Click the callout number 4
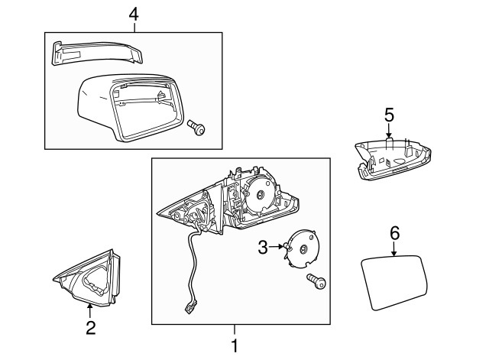pyautogui.click(x=134, y=13)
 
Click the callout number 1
pyautogui.click(x=234, y=345)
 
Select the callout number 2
pyautogui.click(x=90, y=328)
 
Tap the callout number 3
pyautogui.click(x=262, y=247)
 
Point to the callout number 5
pyautogui.click(x=389, y=115)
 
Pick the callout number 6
pyautogui.click(x=394, y=232)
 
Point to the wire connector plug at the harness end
pyautogui.click(x=188, y=307)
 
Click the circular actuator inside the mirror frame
pyautogui.click(x=261, y=194)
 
